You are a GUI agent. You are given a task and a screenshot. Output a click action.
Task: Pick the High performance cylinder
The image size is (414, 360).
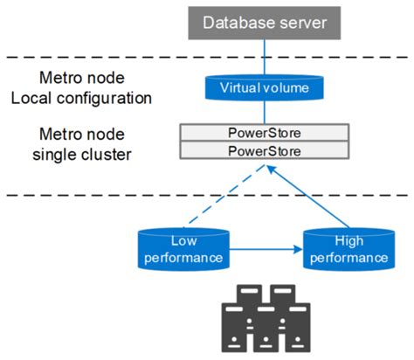pyautogui.click(x=347, y=249)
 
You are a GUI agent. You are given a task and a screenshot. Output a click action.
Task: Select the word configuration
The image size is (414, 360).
pyautogui.click(x=102, y=97)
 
